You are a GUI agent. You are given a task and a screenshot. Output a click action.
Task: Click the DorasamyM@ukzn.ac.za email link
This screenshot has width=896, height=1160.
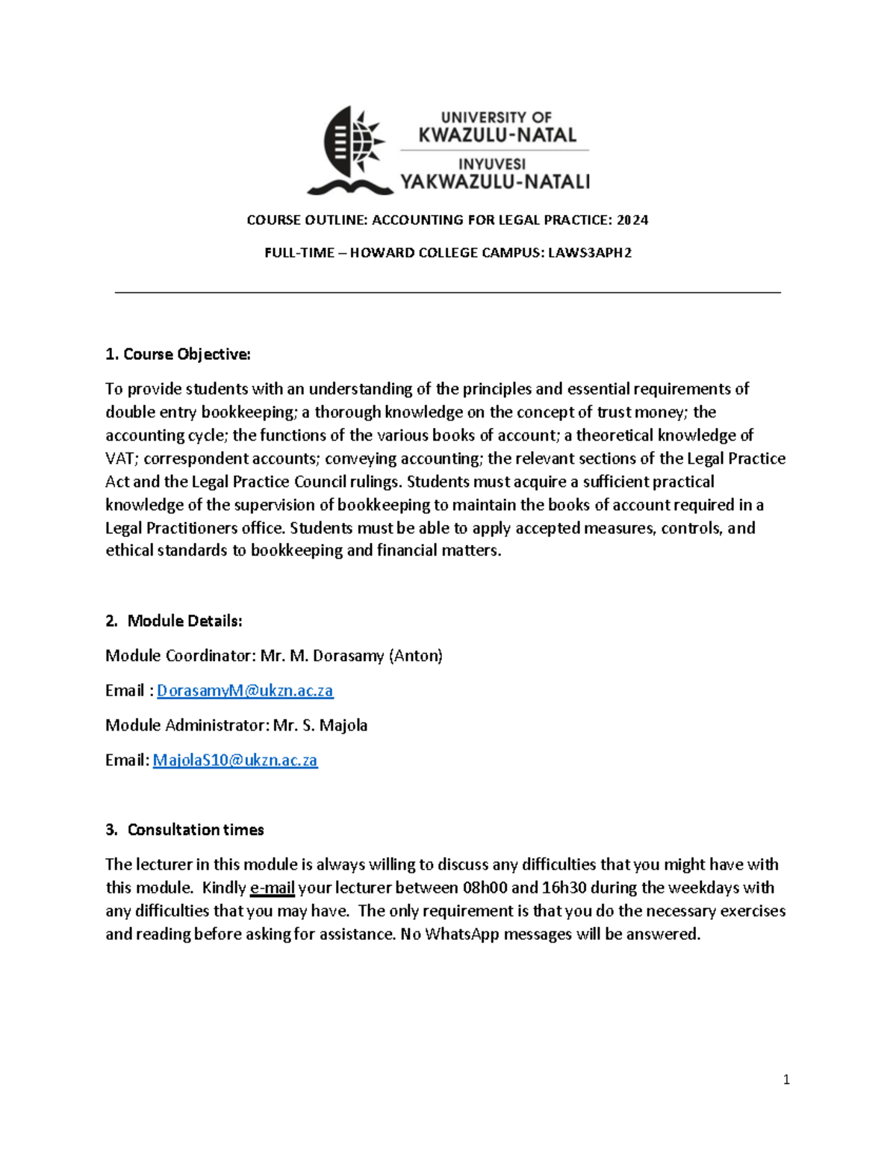(245, 690)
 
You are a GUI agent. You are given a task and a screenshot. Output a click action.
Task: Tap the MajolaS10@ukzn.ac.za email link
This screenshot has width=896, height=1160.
(235, 760)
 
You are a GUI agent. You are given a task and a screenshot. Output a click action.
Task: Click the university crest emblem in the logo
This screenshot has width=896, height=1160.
(349, 149)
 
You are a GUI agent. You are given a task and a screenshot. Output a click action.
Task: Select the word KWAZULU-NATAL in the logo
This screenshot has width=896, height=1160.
(497, 135)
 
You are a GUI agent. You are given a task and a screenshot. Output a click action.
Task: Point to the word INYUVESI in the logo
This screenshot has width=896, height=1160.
(492, 164)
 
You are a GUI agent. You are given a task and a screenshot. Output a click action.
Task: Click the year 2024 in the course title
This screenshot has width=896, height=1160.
(632, 220)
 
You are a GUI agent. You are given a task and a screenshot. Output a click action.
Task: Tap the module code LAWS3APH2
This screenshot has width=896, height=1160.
(590, 252)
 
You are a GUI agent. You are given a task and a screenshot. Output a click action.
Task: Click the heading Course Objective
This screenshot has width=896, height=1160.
(178, 354)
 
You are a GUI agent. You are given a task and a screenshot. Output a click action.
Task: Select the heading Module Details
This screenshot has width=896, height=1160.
(184, 621)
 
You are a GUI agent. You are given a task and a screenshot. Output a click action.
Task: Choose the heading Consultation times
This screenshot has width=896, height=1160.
(196, 830)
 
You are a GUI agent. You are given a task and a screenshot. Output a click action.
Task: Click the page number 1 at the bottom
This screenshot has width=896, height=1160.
(786, 1079)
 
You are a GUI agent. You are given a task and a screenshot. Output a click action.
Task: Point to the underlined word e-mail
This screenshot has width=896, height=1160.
(273, 887)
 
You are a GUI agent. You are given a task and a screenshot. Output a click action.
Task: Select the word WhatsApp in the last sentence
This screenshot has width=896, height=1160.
(461, 934)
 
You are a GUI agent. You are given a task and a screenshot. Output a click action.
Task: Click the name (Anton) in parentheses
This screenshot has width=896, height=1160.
(416, 656)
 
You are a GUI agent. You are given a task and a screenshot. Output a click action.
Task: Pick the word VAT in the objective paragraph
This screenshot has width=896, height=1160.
(119, 458)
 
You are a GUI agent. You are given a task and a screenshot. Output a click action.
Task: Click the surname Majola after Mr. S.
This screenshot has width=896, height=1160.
(343, 725)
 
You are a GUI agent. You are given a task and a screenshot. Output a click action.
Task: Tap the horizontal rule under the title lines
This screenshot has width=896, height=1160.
(448, 293)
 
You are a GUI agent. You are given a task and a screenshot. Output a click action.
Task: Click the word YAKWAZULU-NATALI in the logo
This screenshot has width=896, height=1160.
(495, 182)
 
